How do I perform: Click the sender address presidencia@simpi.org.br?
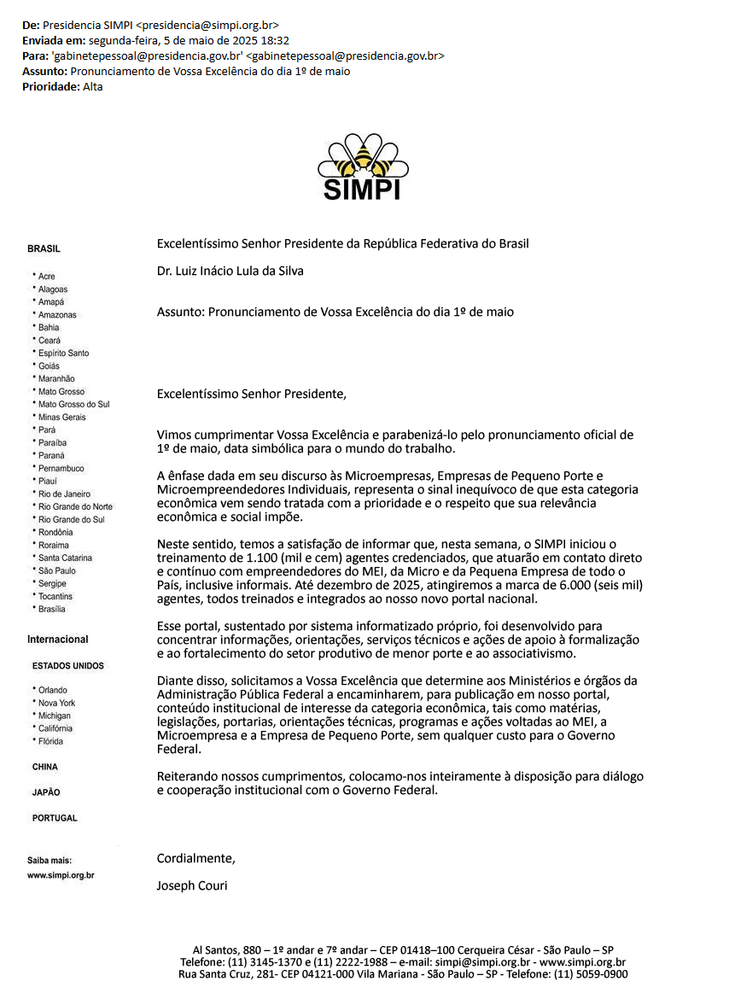[x=207, y=25]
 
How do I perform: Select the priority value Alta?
[x=93, y=86]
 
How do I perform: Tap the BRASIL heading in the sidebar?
[x=44, y=249]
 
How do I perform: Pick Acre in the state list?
[x=46, y=277]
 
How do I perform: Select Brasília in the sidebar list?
[x=51, y=610]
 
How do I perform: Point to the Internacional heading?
[x=57, y=640]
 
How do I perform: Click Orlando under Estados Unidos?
[x=52, y=691]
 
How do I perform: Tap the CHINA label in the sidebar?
[x=45, y=768]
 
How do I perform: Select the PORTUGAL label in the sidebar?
[x=55, y=819]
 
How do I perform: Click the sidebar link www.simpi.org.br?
[x=61, y=876]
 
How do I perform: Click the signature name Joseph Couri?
[x=192, y=885]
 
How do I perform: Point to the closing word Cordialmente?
[x=195, y=858]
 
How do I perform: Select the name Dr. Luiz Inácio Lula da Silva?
[x=230, y=272]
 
